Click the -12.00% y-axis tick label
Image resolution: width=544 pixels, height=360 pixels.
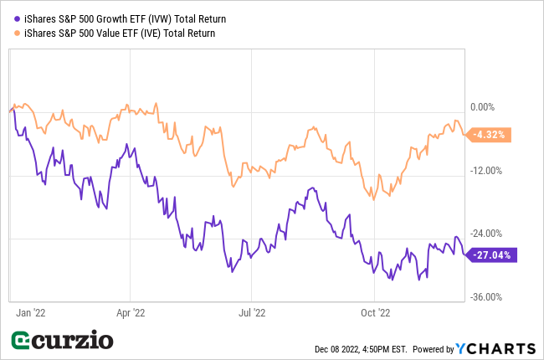(485, 171)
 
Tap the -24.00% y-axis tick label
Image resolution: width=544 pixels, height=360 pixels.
(485, 234)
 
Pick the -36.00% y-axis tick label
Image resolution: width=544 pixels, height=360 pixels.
(485, 297)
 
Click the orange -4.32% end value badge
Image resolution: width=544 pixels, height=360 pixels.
(488, 134)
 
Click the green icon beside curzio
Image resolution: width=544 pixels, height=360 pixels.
(23, 342)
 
